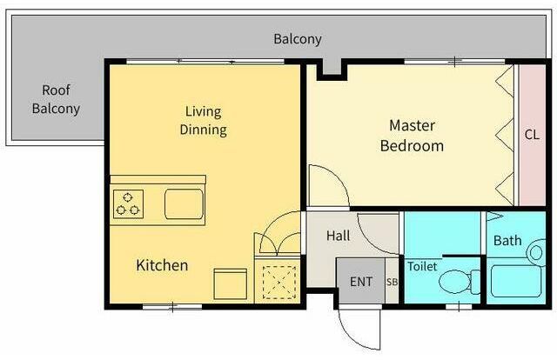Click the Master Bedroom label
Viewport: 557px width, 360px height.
tap(412, 136)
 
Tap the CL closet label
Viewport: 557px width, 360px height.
tap(532, 135)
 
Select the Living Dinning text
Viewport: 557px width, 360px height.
tap(203, 121)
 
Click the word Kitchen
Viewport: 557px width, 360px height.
tap(162, 265)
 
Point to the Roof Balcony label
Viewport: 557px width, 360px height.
tap(56, 99)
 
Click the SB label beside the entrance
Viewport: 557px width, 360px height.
tap(392, 282)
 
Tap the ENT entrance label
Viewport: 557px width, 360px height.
tap(361, 282)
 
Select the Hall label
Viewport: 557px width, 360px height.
tap(339, 236)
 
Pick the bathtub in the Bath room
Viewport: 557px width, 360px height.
tap(516, 282)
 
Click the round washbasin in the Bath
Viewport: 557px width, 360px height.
tap(536, 253)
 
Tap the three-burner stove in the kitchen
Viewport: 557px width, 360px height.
tap(128, 204)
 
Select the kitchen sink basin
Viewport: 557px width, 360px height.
tap(184, 204)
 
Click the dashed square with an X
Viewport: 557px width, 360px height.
tap(278, 283)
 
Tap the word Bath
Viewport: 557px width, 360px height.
tap(507, 241)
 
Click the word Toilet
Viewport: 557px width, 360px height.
tap(422, 266)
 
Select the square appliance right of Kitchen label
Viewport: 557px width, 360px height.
tap(230, 284)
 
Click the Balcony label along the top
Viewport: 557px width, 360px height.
tap(298, 39)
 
